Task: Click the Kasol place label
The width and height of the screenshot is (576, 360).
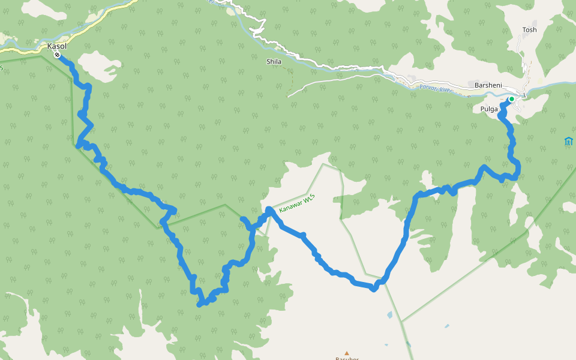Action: [57, 46]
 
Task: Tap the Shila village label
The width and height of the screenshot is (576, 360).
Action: [274, 61]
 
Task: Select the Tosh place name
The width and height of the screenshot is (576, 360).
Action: [529, 29]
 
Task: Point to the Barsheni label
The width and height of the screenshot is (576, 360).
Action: [487, 85]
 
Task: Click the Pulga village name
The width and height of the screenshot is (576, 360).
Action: [490, 109]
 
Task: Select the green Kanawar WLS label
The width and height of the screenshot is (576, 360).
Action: [297, 201]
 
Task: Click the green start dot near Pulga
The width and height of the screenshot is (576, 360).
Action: [512, 99]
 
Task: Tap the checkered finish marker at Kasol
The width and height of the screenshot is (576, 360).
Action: [57, 55]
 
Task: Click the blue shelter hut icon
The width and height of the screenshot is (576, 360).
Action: [568, 142]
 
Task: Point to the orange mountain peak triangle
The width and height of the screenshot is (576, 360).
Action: [346, 353]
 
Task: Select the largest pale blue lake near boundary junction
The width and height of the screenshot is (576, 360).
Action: [390, 314]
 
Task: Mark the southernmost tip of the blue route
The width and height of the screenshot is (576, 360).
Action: [199, 305]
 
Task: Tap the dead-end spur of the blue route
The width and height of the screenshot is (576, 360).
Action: [243, 220]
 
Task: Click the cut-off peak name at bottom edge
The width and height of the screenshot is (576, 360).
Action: [346, 358]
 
